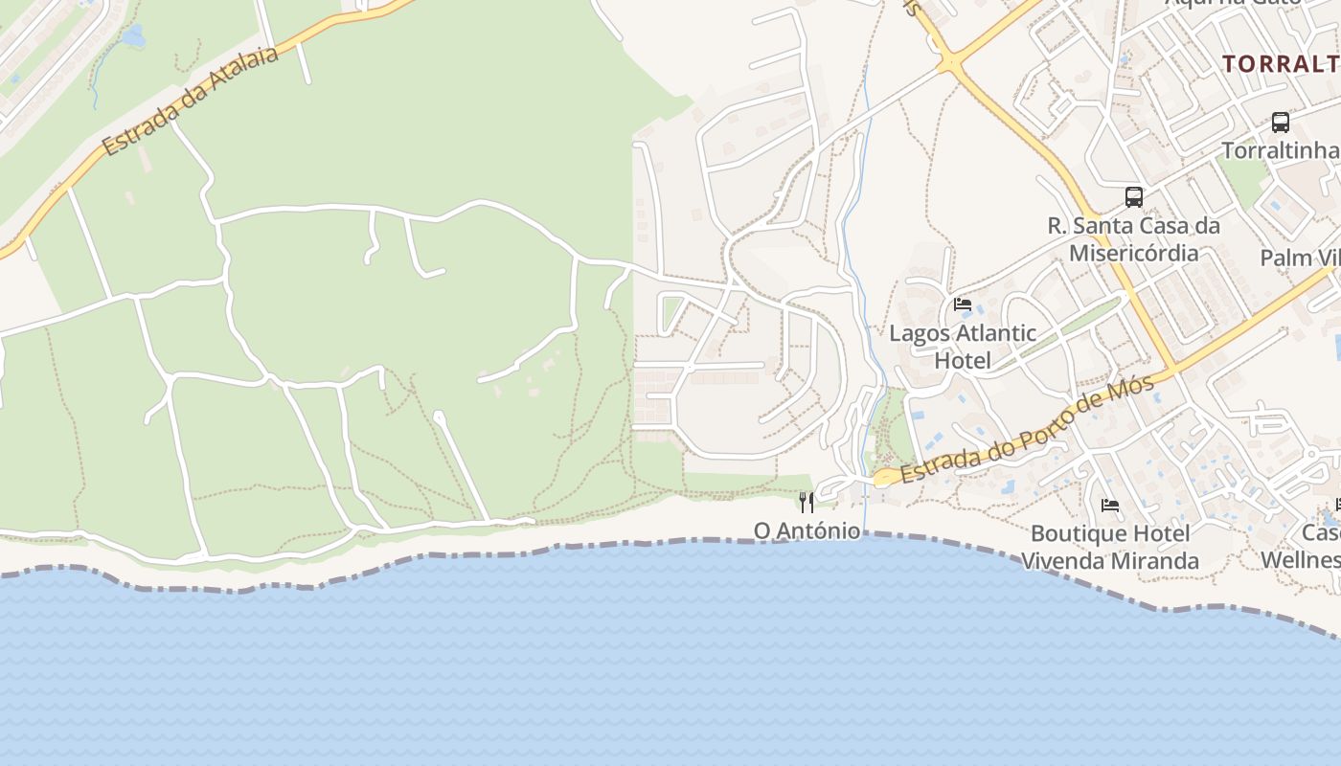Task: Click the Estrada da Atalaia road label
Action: [x=191, y=100]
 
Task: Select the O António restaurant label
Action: [x=807, y=529]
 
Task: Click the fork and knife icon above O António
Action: [x=807, y=502]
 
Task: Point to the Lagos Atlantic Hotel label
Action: [x=963, y=347]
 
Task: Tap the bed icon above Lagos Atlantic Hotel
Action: [x=963, y=304]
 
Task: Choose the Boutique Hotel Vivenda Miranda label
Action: [x=1110, y=547]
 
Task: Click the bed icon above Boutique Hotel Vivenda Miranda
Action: [x=1110, y=505]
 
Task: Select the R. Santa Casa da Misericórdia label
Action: [x=1134, y=239]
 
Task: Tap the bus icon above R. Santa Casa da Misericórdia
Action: [x=1134, y=197]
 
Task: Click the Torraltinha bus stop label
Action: [x=1280, y=150]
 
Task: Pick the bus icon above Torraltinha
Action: [x=1280, y=123]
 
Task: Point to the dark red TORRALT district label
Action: [x=1281, y=64]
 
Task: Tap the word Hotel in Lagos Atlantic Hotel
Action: [x=963, y=361]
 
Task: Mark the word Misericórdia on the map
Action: [x=1134, y=253]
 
